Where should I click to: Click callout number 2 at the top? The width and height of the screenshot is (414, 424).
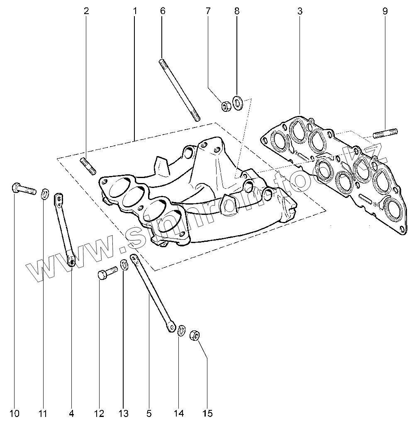[x=86, y=11]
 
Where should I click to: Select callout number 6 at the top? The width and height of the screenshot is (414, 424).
[x=162, y=11]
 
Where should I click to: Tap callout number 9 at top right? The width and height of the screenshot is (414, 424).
[x=385, y=11]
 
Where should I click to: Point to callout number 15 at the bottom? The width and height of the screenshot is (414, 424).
[x=207, y=413]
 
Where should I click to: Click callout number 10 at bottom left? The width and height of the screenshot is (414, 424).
[x=14, y=413]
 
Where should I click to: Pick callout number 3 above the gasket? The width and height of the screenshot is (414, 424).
[x=300, y=11]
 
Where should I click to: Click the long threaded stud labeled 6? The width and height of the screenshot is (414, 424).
[x=179, y=90]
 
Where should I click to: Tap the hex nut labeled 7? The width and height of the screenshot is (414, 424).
[x=226, y=106]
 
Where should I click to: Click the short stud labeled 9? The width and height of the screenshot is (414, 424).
[x=385, y=133]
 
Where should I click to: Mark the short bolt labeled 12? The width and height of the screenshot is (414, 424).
[x=106, y=274]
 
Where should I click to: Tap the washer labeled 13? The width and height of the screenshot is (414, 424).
[x=124, y=264]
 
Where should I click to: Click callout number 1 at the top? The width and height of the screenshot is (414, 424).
[x=135, y=11]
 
